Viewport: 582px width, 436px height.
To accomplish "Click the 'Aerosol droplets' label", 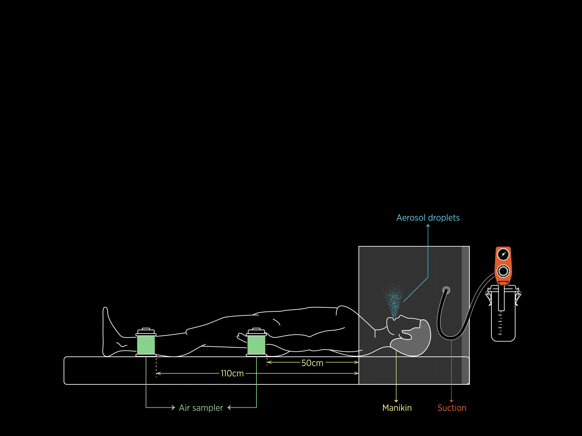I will coord(428,218).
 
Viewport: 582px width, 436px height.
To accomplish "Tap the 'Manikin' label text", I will coord(397,408).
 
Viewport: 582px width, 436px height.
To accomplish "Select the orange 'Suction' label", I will coord(452,408).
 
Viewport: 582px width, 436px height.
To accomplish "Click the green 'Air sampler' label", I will coord(201,408).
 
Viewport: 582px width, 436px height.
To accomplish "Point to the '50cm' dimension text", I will coord(312,363).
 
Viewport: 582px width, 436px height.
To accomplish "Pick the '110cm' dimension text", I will coord(232,374).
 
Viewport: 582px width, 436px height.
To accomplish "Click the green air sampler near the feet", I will coord(146,345).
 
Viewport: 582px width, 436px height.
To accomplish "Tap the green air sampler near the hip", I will coord(256,345).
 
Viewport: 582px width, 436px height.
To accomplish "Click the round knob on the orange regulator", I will coord(503,271).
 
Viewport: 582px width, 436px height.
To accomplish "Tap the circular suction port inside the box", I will coord(446,290).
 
